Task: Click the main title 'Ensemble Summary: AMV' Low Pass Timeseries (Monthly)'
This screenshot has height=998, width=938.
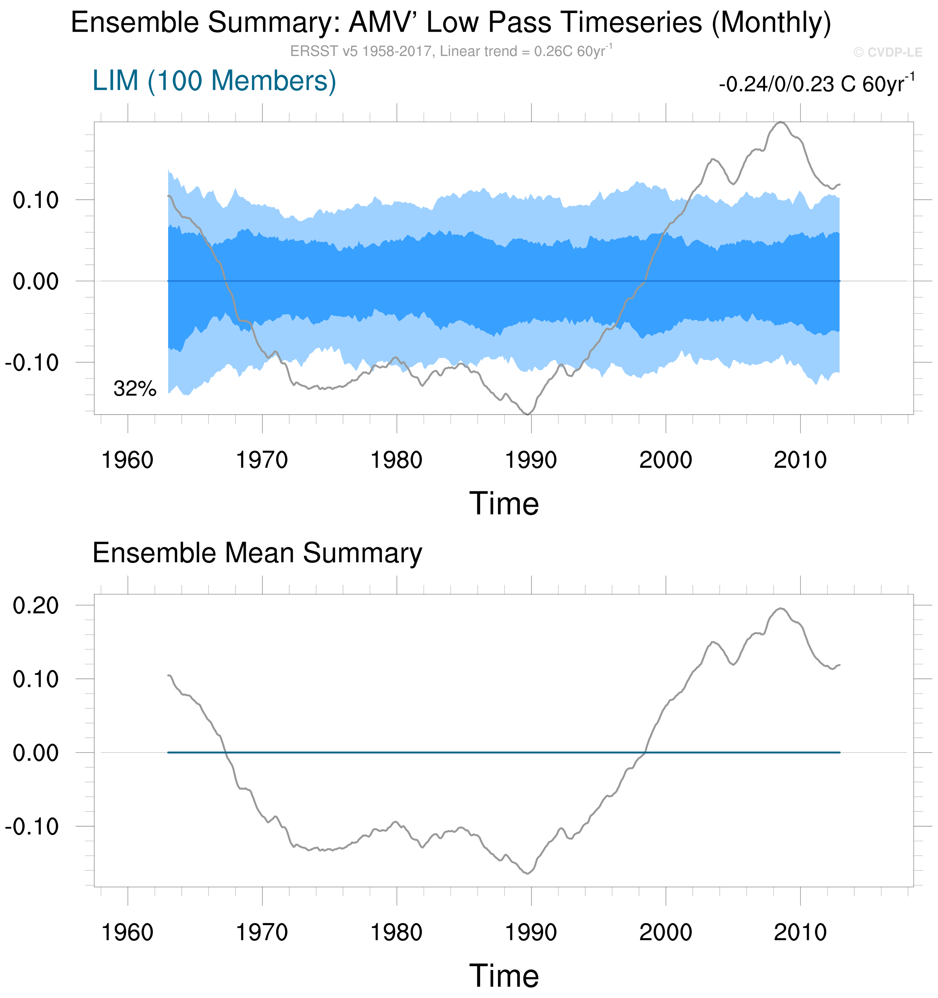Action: point(451,23)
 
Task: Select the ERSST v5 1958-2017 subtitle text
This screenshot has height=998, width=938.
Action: point(451,51)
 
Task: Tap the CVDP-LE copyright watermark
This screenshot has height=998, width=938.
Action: point(887,52)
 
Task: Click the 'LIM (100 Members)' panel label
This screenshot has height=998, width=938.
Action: point(214,81)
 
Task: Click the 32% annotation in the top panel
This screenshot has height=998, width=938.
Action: point(135,388)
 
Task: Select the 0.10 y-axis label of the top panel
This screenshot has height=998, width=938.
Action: point(36,200)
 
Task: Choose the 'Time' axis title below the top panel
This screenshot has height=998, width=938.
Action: point(504,504)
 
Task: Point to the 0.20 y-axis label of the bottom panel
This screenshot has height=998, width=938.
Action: point(36,605)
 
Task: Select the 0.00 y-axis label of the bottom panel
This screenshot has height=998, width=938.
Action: point(36,753)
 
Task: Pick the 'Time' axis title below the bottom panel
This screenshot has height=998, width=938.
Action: point(504,976)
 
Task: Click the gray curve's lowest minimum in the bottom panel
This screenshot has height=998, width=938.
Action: point(527,874)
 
